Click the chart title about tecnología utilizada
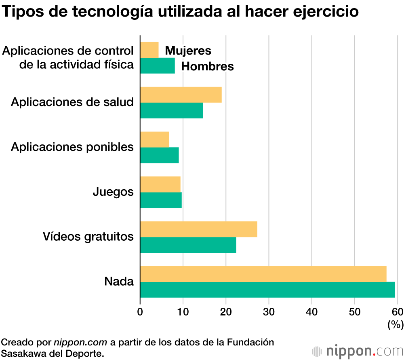[180, 12]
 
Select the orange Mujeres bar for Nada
[263, 274]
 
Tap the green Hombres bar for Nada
[267, 290]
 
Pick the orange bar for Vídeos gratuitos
[198, 229]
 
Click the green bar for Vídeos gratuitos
[188, 245]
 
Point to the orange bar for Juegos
[160, 184]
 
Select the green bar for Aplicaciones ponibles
[159, 155]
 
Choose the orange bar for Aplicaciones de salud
[181, 95]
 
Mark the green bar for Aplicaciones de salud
[171, 110]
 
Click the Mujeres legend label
[188, 51]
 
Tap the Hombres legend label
[207, 66]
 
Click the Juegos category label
[113, 191]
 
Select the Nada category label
[119, 281]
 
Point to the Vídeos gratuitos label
[88, 236]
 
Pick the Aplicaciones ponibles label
[72, 147]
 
